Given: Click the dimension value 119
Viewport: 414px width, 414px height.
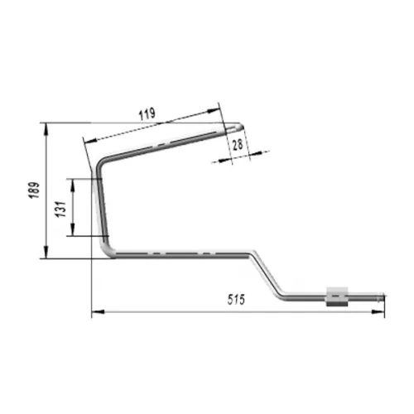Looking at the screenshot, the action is [147, 114].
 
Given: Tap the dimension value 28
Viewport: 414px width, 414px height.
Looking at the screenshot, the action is [238, 145].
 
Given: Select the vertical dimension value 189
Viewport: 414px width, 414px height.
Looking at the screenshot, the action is [35, 190].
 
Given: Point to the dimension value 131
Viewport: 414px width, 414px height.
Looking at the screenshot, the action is [62, 209].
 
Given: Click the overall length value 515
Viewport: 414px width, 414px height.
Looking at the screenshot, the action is [236, 300].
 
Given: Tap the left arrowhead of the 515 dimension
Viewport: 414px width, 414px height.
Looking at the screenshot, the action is [98, 312].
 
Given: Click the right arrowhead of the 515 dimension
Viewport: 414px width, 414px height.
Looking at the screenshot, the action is [378, 312].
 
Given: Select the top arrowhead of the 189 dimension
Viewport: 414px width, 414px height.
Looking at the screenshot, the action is [46, 130].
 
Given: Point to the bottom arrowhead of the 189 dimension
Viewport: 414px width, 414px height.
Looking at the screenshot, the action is [46, 252].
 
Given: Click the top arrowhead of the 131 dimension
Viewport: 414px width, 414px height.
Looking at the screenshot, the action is [73, 185].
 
